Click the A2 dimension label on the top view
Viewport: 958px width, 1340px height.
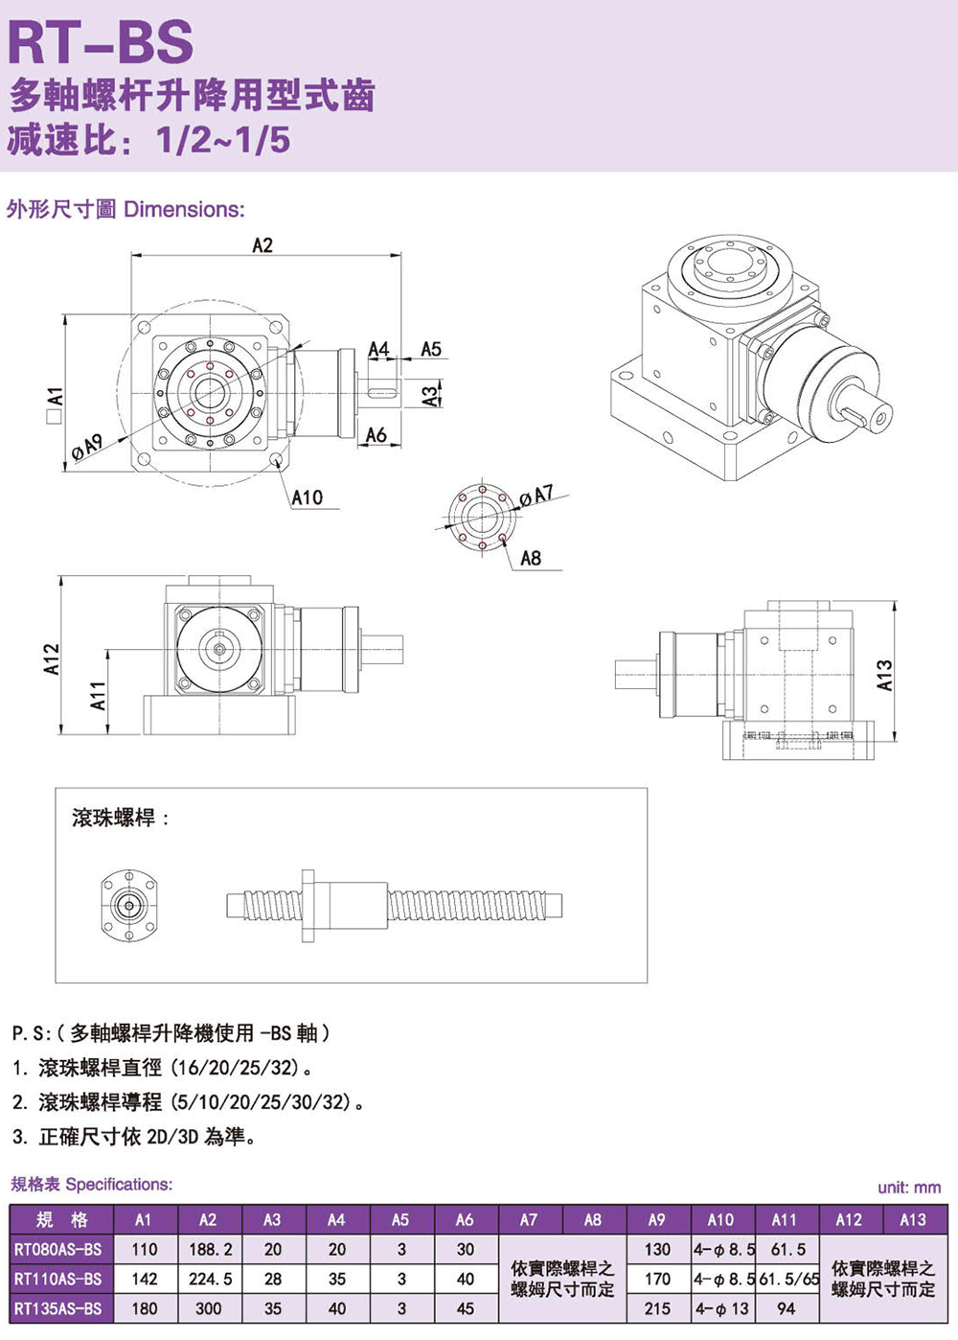pyautogui.click(x=262, y=245)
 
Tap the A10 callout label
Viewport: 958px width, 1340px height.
pyautogui.click(x=307, y=497)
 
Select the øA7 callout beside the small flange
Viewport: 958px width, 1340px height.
pyautogui.click(x=536, y=496)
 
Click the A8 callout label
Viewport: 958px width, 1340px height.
pyautogui.click(x=530, y=558)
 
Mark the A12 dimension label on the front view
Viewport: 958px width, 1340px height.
pyautogui.click(x=52, y=658)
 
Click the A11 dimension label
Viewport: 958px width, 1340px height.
pyautogui.click(x=98, y=696)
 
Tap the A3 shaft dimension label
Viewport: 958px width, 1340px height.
pyautogui.click(x=431, y=392)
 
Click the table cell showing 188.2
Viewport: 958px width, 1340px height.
pyautogui.click(x=208, y=1250)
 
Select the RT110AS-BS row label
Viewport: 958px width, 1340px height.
pyautogui.click(x=58, y=1279)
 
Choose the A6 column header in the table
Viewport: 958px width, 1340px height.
pyautogui.click(x=465, y=1220)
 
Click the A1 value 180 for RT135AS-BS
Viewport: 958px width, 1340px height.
pyautogui.click(x=144, y=1308)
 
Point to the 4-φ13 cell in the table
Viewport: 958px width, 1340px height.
pyautogui.click(x=722, y=1308)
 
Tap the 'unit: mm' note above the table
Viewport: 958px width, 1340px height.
pyautogui.click(x=908, y=1188)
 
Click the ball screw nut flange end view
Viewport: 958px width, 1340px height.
pyautogui.click(x=128, y=906)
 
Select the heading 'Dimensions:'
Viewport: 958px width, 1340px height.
pyautogui.click(x=184, y=209)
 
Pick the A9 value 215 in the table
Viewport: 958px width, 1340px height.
pyautogui.click(x=657, y=1308)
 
